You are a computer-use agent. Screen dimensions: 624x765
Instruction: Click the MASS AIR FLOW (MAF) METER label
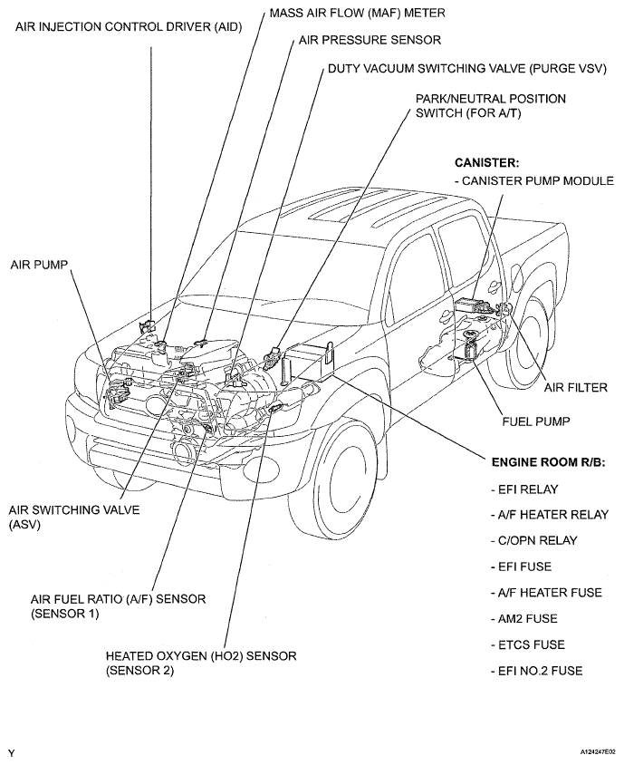pyautogui.click(x=358, y=13)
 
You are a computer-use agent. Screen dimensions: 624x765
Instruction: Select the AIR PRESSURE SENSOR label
pyautogui.click(x=370, y=40)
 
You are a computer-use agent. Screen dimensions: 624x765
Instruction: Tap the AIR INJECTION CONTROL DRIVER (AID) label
pyautogui.click(x=129, y=27)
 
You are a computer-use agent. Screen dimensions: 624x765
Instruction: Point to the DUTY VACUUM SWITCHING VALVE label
pyautogui.click(x=467, y=69)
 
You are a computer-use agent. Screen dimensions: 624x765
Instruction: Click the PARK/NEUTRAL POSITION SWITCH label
pyautogui.click(x=491, y=106)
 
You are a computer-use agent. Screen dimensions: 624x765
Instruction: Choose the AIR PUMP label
pyautogui.click(x=39, y=265)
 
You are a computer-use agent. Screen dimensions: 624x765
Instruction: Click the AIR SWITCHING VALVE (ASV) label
pyautogui.click(x=74, y=518)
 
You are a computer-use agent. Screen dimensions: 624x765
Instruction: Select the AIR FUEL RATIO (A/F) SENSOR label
pyautogui.click(x=118, y=606)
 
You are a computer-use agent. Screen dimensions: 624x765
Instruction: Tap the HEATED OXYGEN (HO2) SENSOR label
pyautogui.click(x=201, y=663)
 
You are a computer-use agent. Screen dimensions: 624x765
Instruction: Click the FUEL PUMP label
pyautogui.click(x=536, y=421)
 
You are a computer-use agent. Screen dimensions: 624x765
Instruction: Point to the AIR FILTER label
pyautogui.click(x=576, y=388)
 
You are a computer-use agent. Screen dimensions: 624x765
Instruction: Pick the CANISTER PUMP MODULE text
pyautogui.click(x=533, y=181)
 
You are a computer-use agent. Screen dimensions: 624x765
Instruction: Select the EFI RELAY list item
pyautogui.click(x=524, y=489)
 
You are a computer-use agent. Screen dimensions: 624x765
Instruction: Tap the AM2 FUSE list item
pyautogui.click(x=523, y=619)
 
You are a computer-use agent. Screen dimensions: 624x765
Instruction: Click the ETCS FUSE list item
pyautogui.click(x=527, y=644)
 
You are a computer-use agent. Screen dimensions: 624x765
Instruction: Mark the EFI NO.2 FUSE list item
pyautogui.click(x=536, y=671)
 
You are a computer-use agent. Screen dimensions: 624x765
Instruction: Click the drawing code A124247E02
pyautogui.click(x=597, y=752)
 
